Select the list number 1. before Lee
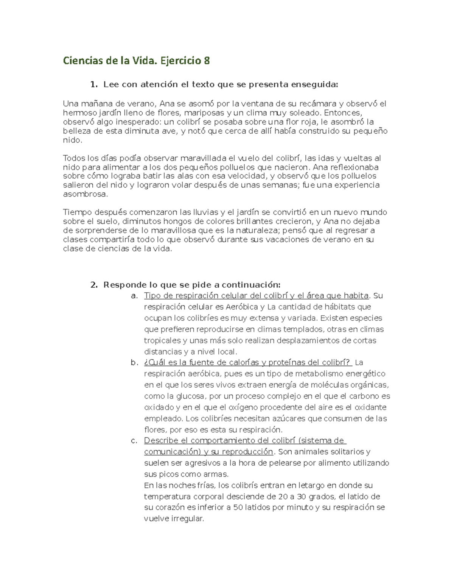tap(94, 84)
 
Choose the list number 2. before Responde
tap(94, 285)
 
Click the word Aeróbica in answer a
tap(242, 307)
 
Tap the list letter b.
tap(134, 363)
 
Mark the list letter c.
tap(134, 441)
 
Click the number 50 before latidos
tap(238, 508)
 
